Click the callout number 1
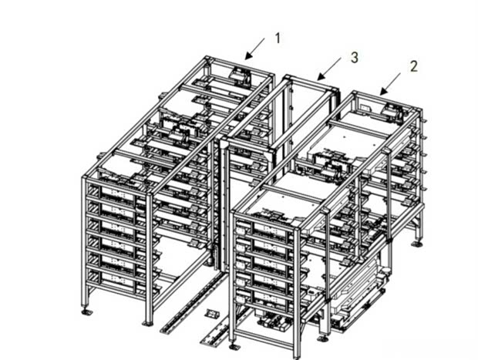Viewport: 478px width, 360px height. pos(278,39)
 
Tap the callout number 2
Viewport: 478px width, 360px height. pos(413,66)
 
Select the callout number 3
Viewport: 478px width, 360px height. pos(354,58)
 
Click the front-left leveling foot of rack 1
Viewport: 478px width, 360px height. pos(87,312)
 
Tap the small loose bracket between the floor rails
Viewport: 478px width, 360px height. pos(211,314)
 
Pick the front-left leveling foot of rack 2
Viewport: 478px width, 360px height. pos(234,345)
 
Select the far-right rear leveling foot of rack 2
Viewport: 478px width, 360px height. pos(417,244)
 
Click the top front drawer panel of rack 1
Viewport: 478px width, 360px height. pos(117,193)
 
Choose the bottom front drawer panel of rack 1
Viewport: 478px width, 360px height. pos(117,279)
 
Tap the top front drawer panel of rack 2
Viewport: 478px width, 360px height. pos(269,230)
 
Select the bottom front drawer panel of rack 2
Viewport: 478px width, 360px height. pos(269,298)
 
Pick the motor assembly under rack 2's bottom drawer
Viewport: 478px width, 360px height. pos(274,321)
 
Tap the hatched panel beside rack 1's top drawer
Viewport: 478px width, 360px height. pos(93,192)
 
